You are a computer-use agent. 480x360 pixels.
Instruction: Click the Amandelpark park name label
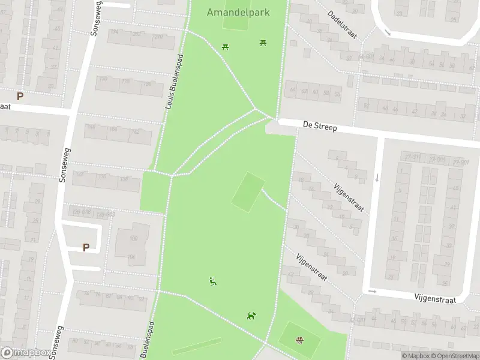coord(238,12)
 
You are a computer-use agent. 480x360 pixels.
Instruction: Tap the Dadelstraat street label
coord(343,25)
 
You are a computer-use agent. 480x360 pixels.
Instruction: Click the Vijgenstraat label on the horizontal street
coord(435,298)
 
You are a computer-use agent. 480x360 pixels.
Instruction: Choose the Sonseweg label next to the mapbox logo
coord(59,342)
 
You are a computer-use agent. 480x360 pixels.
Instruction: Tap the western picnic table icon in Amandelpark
coord(225,46)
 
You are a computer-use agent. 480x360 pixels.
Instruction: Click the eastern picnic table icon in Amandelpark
coord(263,42)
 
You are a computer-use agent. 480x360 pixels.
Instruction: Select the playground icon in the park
coord(212,281)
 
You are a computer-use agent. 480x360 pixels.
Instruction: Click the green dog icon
coord(251,316)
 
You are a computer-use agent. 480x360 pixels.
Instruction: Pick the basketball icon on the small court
coord(299,341)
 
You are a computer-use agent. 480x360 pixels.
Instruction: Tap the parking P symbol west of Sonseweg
coord(20,96)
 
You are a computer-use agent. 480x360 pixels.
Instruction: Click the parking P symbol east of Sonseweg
coord(86,247)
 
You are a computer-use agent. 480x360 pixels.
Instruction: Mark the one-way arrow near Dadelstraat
coord(388,32)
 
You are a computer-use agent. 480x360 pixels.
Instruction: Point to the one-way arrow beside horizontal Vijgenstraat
coord(371,292)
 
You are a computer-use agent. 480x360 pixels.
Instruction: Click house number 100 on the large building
coord(133,239)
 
